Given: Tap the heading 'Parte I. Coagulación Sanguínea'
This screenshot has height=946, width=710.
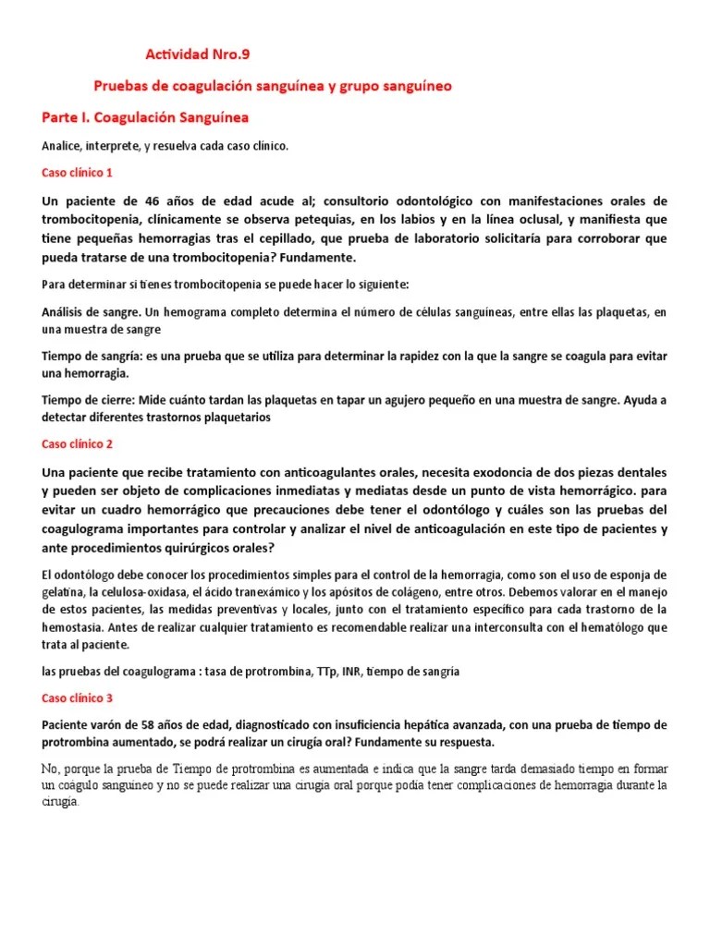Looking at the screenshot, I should click(x=145, y=118).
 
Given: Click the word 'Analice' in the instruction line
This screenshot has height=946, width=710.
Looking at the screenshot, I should click(x=62, y=146).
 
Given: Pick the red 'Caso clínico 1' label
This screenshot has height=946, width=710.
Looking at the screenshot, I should click(x=78, y=173).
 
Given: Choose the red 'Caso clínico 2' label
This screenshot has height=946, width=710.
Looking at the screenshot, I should click(x=78, y=444).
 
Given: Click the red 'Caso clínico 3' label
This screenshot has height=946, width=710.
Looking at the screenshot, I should click(x=78, y=698).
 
